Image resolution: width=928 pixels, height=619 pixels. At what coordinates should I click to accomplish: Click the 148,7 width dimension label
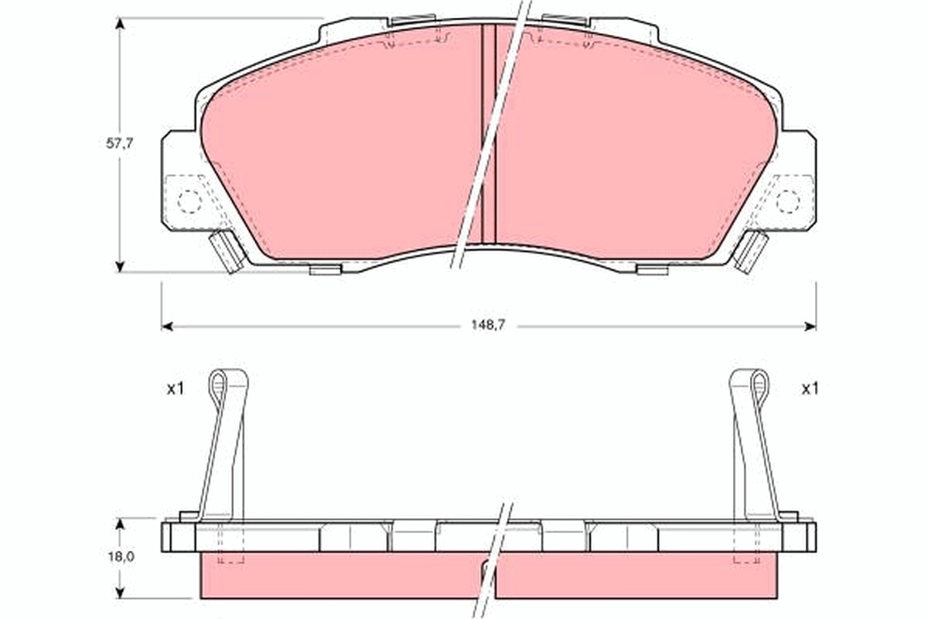click(x=489, y=326)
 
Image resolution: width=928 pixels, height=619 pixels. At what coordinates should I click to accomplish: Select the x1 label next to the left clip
click(x=175, y=389)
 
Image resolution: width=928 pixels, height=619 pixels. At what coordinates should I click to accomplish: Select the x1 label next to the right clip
click(x=809, y=389)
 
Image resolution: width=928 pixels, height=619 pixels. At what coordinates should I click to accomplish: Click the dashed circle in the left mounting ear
click(x=189, y=202)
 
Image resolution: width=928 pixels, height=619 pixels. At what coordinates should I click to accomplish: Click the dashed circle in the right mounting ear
click(x=787, y=202)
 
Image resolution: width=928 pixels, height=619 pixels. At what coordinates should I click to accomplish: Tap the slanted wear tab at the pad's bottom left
click(x=226, y=251)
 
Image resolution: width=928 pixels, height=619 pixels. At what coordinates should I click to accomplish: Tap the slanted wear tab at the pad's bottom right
click(x=750, y=251)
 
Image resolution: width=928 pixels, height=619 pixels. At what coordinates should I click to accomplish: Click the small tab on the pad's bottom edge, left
click(x=325, y=270)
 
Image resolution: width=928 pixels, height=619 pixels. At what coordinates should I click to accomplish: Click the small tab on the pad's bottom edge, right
click(x=652, y=270)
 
